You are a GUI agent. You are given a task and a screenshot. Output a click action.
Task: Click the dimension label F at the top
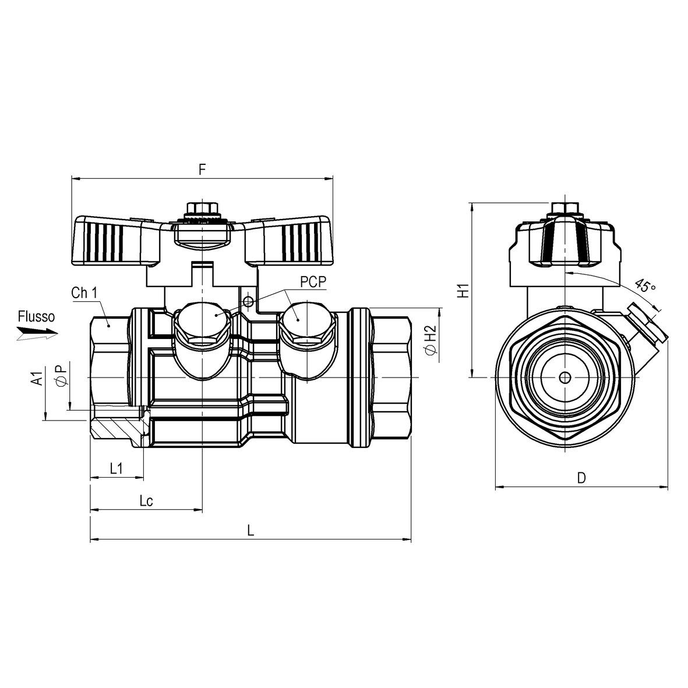(202, 170)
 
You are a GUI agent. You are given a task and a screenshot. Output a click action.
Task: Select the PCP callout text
(313, 282)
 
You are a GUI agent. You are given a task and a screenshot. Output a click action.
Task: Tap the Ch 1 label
(84, 292)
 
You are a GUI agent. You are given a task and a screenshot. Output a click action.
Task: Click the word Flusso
(36, 317)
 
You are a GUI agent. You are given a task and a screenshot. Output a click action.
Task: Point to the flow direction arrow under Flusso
(37, 333)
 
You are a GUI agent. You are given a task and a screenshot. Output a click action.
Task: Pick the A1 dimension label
(36, 379)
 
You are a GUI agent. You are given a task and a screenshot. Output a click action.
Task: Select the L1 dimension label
(117, 468)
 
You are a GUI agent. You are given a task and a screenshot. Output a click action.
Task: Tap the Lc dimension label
(146, 501)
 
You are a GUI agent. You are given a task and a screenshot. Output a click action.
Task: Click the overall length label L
(250, 530)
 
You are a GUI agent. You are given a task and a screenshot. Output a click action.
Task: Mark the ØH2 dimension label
(431, 340)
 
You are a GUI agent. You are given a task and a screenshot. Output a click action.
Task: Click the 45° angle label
(644, 287)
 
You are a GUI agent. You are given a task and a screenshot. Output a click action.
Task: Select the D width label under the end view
(581, 478)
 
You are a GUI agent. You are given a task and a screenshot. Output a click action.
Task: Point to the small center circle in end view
(564, 377)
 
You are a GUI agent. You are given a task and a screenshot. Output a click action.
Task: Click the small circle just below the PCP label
(249, 301)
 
